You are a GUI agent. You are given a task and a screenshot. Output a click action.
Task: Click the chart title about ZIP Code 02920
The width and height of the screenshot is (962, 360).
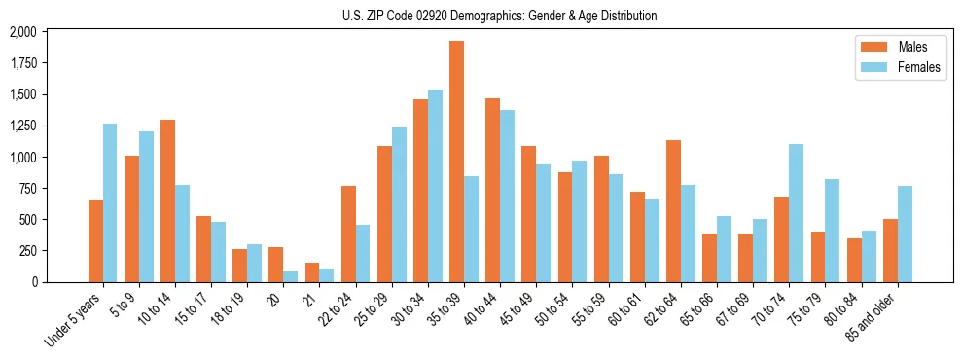click(x=499, y=16)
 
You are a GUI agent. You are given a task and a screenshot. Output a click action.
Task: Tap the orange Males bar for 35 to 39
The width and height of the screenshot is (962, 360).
click(x=456, y=162)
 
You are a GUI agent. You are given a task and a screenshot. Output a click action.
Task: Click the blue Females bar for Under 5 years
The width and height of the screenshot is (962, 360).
click(x=110, y=202)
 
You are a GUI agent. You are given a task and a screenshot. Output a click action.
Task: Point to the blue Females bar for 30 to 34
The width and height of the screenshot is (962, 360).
click(x=435, y=186)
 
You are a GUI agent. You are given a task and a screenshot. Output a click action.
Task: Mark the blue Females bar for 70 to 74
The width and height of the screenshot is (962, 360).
click(x=796, y=213)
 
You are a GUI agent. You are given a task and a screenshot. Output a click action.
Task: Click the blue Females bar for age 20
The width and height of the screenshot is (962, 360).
click(x=291, y=276)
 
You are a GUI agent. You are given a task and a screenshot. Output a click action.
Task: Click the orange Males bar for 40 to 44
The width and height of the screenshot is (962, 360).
click(x=492, y=190)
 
